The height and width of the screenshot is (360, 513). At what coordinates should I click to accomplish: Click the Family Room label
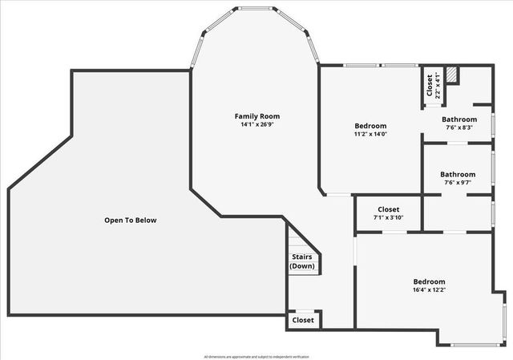(x=256, y=116)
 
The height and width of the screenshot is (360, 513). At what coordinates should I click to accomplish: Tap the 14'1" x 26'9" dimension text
(x=256, y=125)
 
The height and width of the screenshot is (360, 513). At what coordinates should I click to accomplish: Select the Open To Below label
(x=131, y=220)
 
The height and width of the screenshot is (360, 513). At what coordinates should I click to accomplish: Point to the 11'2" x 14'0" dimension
(x=370, y=135)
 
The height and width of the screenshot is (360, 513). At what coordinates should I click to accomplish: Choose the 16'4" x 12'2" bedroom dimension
(x=429, y=290)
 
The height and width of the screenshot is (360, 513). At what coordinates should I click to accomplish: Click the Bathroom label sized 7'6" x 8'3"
(x=458, y=119)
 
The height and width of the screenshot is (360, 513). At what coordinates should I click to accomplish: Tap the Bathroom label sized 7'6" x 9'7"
(x=458, y=174)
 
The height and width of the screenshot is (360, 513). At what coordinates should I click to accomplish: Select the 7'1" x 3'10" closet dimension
(x=388, y=217)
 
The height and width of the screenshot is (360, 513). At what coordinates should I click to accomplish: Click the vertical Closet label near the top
(x=430, y=84)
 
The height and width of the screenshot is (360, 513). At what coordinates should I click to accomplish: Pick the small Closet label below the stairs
(x=303, y=320)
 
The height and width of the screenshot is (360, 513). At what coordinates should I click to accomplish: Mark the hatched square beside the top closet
(x=452, y=75)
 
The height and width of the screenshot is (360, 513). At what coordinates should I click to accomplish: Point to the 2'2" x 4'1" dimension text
(x=438, y=84)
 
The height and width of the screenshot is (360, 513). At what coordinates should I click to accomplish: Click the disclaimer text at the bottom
(x=256, y=356)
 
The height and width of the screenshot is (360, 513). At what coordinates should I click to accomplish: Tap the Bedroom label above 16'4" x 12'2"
(x=429, y=281)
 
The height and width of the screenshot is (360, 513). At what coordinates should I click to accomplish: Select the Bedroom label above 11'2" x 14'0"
(x=370, y=126)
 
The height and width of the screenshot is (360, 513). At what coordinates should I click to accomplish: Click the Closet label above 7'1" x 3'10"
(x=388, y=208)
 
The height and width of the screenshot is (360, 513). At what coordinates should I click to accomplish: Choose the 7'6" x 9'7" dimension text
(x=458, y=183)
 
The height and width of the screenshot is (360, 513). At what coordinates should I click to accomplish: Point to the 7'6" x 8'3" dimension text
(x=458, y=127)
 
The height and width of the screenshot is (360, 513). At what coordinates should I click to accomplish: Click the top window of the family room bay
(x=256, y=10)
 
